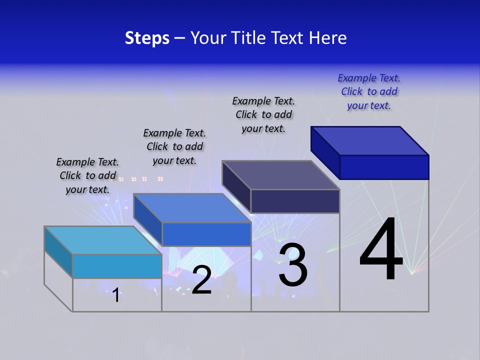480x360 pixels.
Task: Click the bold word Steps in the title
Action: (147, 38)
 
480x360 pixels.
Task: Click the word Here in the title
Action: (328, 38)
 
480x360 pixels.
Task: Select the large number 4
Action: (381, 250)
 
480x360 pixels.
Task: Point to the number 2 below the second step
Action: (201, 280)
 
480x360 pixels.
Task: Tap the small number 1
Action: (116, 295)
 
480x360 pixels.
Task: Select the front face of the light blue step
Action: (117, 266)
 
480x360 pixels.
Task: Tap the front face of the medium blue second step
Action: (206, 234)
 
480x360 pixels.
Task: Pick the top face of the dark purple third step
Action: (281, 175)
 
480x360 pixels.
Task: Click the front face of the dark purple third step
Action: (295, 201)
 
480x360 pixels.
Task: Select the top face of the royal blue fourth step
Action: (370, 140)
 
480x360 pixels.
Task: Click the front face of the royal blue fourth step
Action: (384, 167)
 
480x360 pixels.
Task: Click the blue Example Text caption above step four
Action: (369, 92)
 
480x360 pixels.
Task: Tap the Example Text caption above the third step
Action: (263, 115)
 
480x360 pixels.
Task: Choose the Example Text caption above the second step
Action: (174, 146)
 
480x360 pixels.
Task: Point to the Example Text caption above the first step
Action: (87, 175)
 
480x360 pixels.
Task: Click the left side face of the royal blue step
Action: (325, 152)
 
